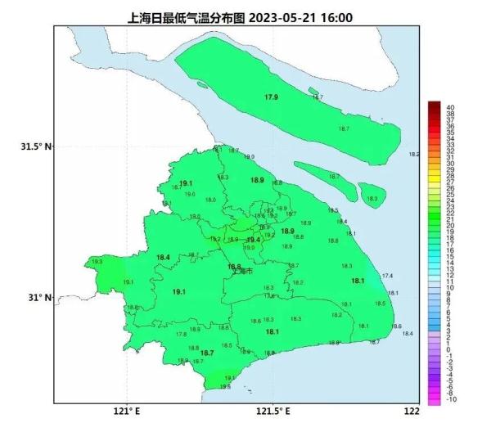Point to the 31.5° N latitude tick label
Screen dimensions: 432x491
35,146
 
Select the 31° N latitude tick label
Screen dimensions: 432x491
38,298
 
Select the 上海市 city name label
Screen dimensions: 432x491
243,272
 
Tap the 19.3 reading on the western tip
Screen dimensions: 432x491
98,261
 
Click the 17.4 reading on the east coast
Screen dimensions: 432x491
387,276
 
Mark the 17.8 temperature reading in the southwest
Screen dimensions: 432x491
181,334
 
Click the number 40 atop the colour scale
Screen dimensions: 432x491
451,106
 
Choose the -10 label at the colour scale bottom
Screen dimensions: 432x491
452,399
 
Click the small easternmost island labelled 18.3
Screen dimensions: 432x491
372,196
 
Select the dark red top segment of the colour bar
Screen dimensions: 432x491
434,106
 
